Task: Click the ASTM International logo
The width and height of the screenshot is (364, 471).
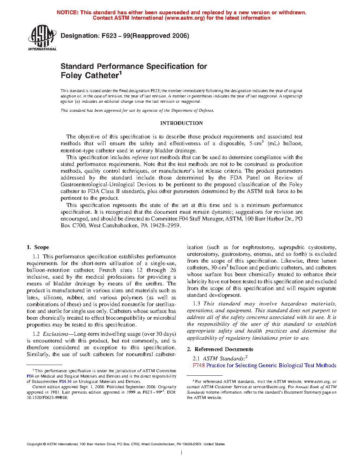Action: pyautogui.click(x=42, y=37)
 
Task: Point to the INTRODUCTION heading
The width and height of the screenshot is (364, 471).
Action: pyautogui.click(x=181, y=123)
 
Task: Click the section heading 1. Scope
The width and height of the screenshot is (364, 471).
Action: pyautogui.click(x=38, y=247)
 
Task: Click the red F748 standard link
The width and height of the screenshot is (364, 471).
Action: pyautogui.click(x=198, y=365)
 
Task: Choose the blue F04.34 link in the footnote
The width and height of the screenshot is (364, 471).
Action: pyautogui.click(x=65, y=381)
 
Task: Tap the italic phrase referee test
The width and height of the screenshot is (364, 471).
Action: pyautogui.click(x=145, y=157)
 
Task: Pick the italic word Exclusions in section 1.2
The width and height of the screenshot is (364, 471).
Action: pyautogui.click(x=55, y=334)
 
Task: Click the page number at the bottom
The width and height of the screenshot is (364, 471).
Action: pyautogui.click(x=182, y=453)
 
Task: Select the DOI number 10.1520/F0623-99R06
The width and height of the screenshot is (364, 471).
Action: pyautogui.click(x=47, y=397)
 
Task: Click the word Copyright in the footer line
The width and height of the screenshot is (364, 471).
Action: pyautogui.click(x=34, y=444)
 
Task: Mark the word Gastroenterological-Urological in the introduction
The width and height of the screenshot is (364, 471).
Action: pyautogui.click(x=108, y=184)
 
